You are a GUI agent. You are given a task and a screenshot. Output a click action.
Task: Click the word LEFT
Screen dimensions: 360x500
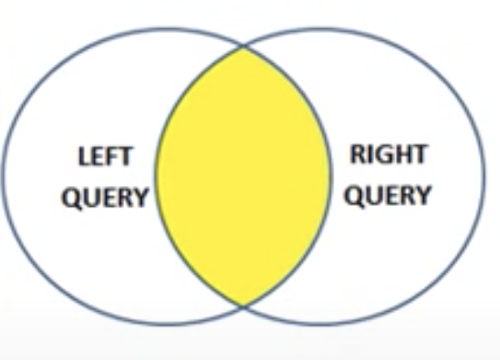pos(105,157)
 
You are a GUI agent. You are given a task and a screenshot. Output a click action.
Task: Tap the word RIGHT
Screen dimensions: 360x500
pos(388,154)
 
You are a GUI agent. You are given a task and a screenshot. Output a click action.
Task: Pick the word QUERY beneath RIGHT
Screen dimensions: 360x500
pos(388,196)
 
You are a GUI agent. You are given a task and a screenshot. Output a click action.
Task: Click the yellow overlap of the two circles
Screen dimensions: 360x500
pos(242,175)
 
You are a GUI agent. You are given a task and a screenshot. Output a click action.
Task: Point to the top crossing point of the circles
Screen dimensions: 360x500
pos(242,47)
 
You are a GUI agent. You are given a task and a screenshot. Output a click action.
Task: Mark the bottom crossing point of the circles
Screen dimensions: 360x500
pos(242,306)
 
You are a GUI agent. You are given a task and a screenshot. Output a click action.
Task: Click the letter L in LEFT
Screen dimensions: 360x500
pos(84,157)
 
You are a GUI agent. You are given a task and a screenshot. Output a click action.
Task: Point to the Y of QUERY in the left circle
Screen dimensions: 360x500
pos(139,197)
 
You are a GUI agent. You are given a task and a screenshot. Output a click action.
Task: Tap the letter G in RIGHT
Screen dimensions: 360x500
pos(381,154)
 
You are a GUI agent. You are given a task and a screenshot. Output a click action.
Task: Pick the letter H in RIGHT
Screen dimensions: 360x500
pos(401,154)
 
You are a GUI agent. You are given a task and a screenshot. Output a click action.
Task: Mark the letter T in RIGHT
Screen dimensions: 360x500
pos(419,154)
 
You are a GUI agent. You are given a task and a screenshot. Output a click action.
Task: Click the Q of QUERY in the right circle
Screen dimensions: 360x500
pos(354,197)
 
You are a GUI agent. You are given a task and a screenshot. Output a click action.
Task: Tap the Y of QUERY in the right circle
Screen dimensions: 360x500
pos(423,196)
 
